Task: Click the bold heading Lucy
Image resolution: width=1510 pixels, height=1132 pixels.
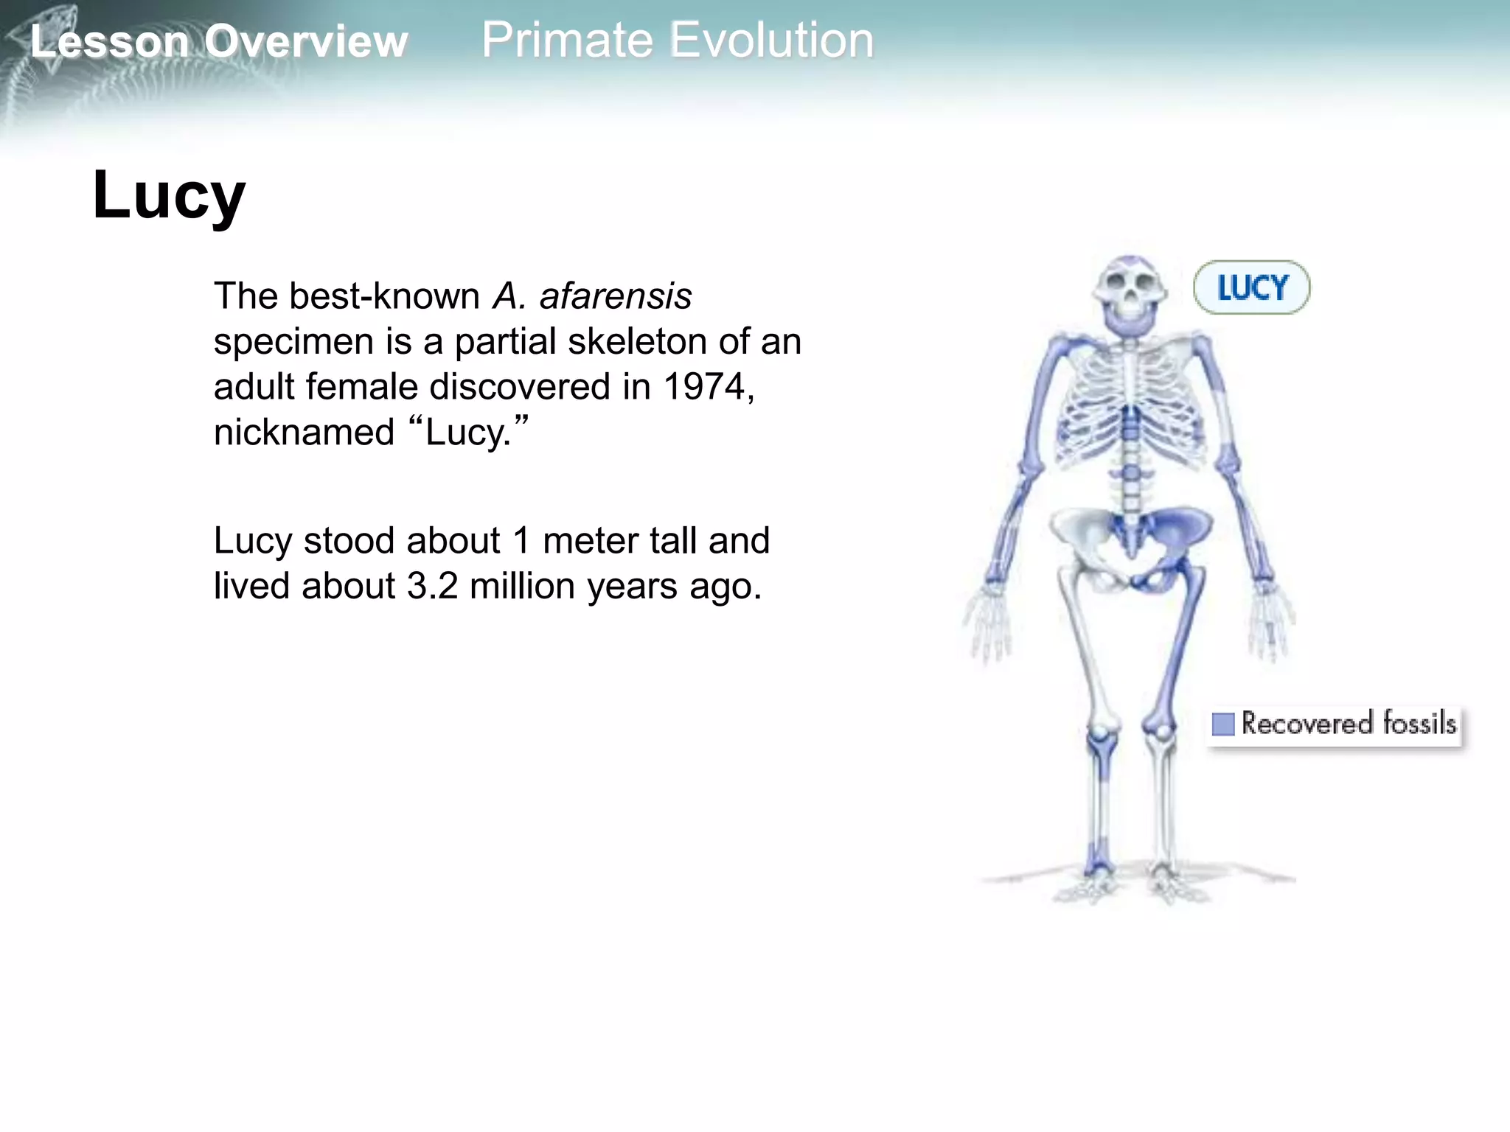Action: click(169, 195)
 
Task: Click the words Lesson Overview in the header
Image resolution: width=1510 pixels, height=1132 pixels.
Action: click(219, 41)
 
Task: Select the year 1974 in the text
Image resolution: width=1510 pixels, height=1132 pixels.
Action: click(704, 387)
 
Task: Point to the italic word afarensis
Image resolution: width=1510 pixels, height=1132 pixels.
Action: click(616, 296)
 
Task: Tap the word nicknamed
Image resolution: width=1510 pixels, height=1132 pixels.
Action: click(304, 433)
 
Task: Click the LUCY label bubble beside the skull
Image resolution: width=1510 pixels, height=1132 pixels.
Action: click(1251, 287)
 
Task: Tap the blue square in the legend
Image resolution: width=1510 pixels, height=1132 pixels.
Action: click(1222, 724)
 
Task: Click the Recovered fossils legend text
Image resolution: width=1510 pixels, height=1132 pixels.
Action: click(1349, 723)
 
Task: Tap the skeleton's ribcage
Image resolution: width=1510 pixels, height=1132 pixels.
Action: click(1130, 402)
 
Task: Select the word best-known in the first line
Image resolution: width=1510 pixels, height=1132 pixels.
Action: click(384, 296)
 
